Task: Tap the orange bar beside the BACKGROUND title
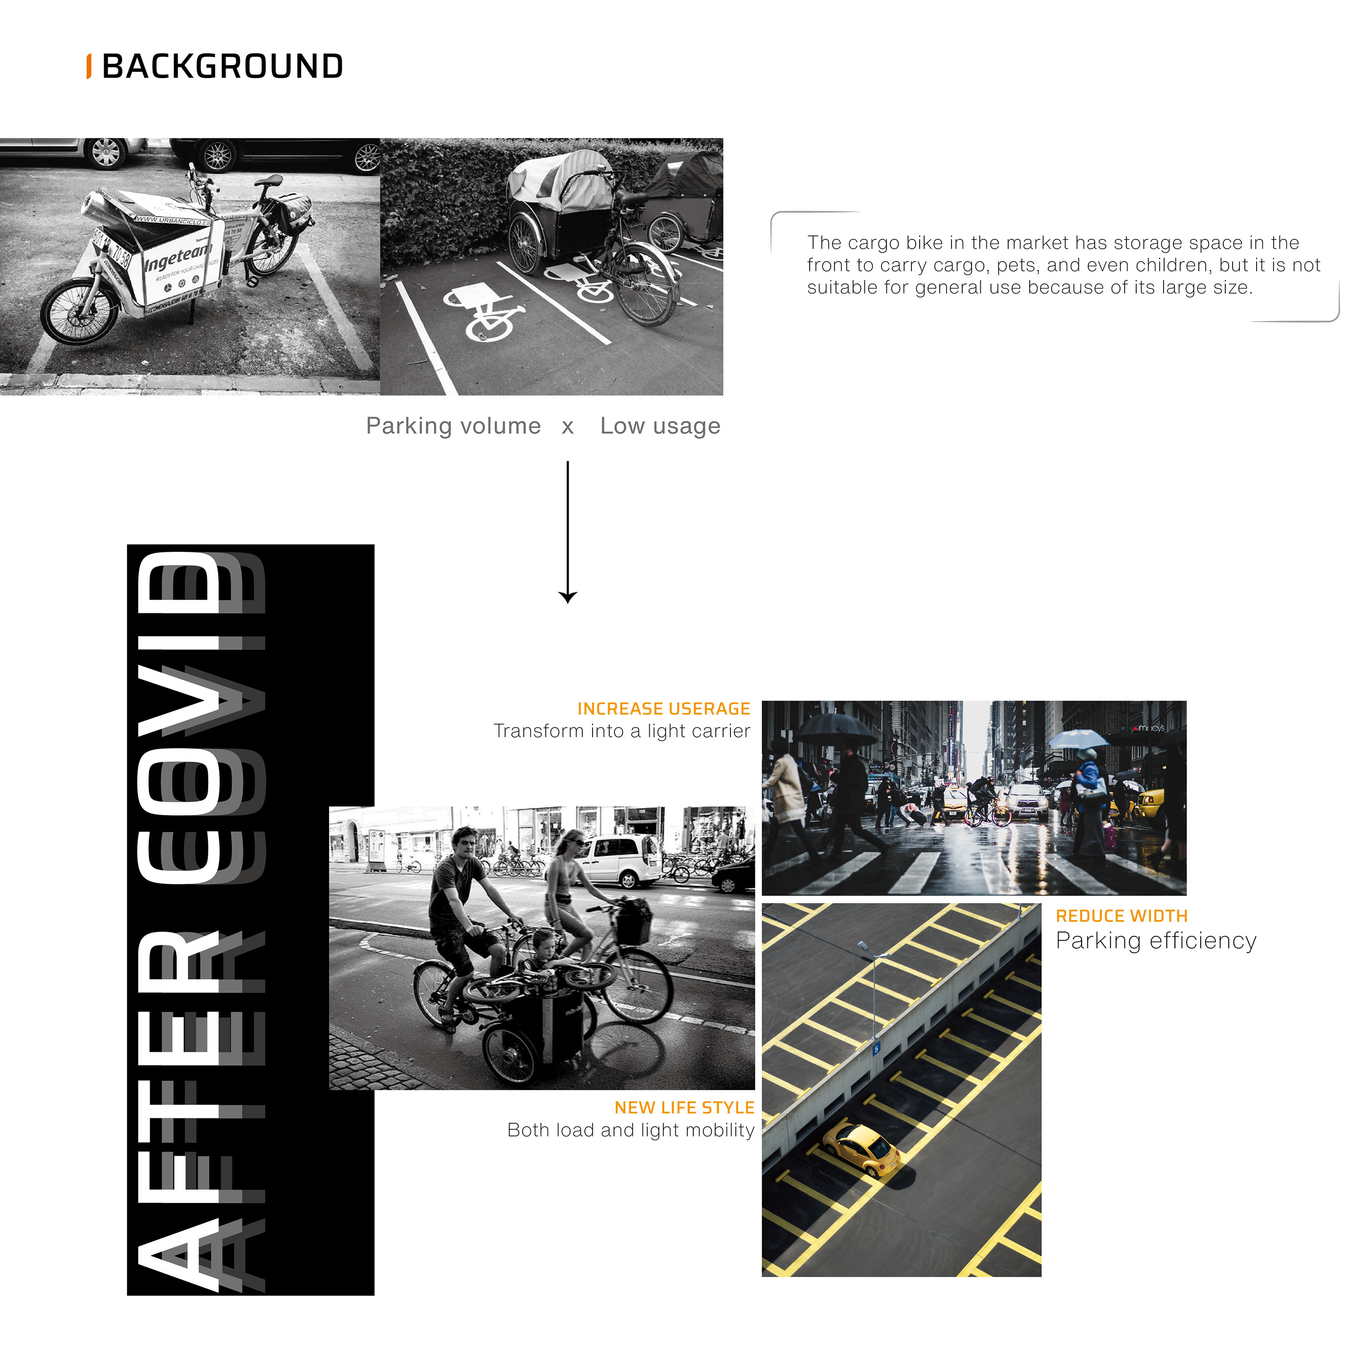pos(88,66)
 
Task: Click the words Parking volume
pos(453,426)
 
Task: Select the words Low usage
pos(660,426)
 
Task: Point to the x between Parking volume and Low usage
pos(567,427)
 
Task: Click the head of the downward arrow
pos(567,596)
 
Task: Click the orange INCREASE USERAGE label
pos(663,709)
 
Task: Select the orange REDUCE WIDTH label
pos(1121,916)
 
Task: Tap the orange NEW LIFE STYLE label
pos(684,1108)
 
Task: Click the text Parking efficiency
pos(1155,941)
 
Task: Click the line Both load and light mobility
pos(630,1131)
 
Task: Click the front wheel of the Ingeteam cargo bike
pos(79,311)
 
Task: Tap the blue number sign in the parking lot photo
pos(876,1048)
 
